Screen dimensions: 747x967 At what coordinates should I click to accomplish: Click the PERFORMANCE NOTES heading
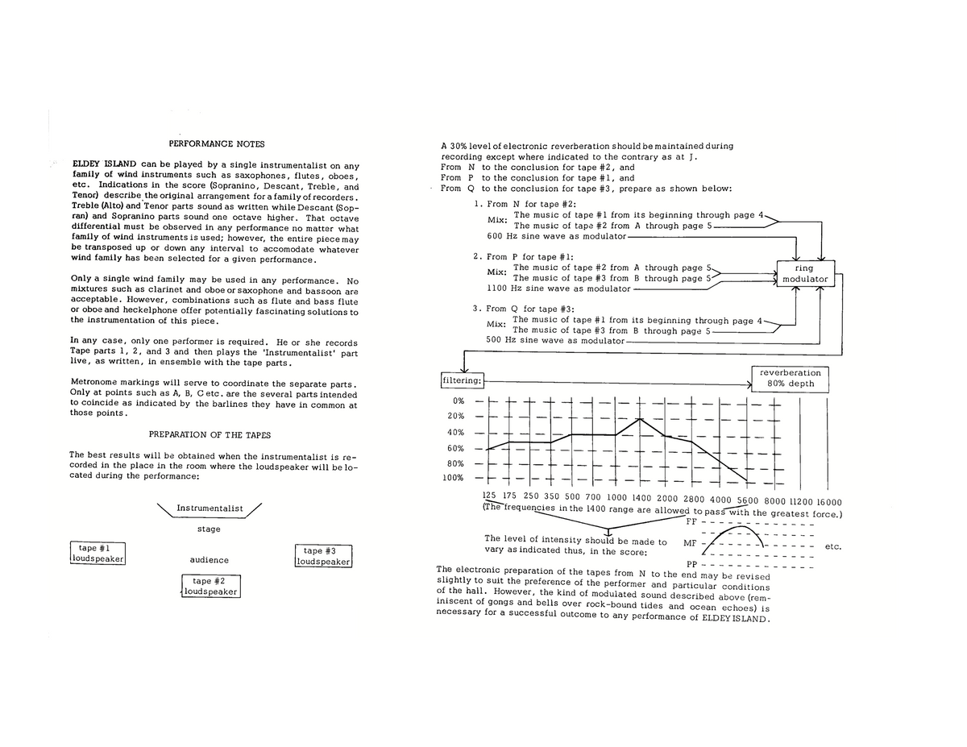tap(216, 144)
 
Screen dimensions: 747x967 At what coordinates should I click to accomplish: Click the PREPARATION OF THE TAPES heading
tap(210, 434)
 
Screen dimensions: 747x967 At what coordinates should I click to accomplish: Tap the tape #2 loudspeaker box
tap(211, 586)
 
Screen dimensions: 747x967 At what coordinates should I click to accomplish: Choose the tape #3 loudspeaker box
tap(324, 556)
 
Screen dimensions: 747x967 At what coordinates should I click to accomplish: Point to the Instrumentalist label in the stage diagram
tap(210, 508)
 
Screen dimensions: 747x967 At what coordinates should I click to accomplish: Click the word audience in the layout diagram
tap(209, 560)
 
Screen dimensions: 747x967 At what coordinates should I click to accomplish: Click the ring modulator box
tap(804, 273)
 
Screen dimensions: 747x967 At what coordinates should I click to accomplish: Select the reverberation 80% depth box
tap(791, 378)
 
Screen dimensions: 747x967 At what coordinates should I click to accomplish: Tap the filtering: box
tap(462, 380)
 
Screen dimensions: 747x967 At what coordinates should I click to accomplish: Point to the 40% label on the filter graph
tap(455, 433)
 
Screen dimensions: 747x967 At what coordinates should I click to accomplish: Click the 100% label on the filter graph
tap(453, 478)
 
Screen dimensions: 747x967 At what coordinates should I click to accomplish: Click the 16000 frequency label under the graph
tap(823, 501)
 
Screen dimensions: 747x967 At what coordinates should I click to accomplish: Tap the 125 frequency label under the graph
tap(489, 496)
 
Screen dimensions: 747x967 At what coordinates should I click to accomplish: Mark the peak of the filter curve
tap(640, 419)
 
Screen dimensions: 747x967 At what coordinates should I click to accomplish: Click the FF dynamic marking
tap(691, 521)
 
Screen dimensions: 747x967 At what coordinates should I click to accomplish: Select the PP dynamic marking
tap(691, 564)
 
